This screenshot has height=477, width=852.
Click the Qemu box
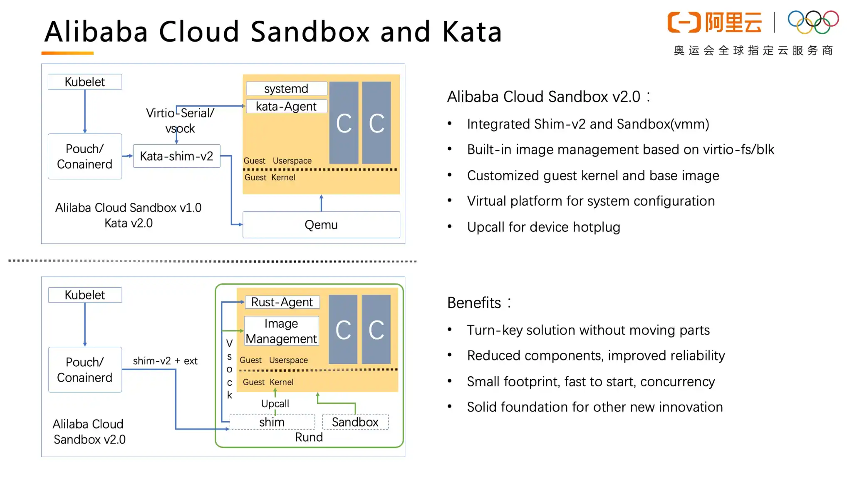click(321, 225)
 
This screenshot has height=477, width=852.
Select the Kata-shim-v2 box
click(176, 156)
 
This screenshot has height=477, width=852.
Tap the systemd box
click(286, 89)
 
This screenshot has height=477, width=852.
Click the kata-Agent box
click(286, 107)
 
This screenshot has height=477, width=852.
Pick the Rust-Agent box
click(282, 302)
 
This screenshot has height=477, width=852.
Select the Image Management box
click(281, 331)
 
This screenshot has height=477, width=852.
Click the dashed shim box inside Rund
click(272, 422)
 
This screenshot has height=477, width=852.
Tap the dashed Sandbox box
click(355, 422)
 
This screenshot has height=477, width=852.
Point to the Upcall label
click(275, 404)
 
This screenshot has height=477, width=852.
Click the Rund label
click(309, 437)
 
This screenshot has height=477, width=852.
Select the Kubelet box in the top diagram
click(85, 82)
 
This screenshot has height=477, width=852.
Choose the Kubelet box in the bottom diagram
click(85, 295)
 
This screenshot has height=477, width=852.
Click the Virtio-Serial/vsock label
click(180, 121)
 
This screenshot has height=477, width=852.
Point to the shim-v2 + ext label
click(165, 361)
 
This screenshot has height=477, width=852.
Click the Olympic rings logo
click(813, 22)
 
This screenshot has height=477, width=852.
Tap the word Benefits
click(474, 303)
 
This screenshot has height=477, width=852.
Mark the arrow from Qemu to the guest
click(321, 203)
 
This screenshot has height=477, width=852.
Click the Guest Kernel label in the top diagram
click(270, 178)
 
